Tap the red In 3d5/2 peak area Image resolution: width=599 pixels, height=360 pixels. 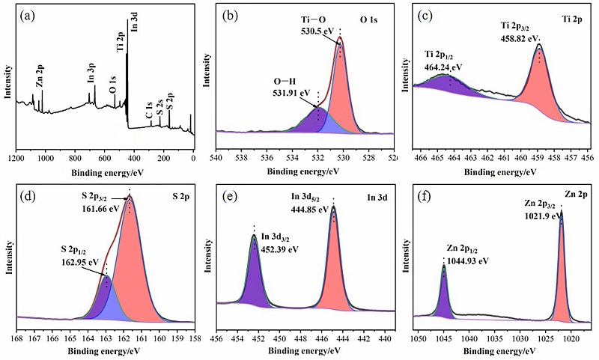(x=333, y=269)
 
